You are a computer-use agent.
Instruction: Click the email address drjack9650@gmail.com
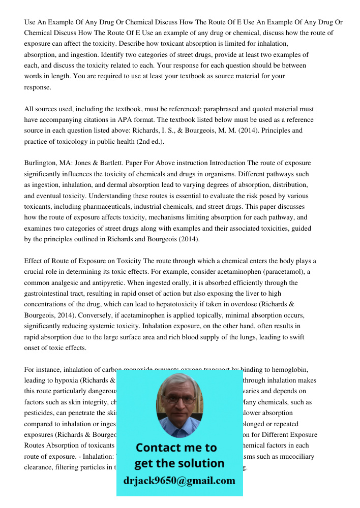coord(179,481)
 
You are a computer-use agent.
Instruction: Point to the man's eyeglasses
coord(179,398)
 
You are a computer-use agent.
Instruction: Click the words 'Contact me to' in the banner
coord(176,448)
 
